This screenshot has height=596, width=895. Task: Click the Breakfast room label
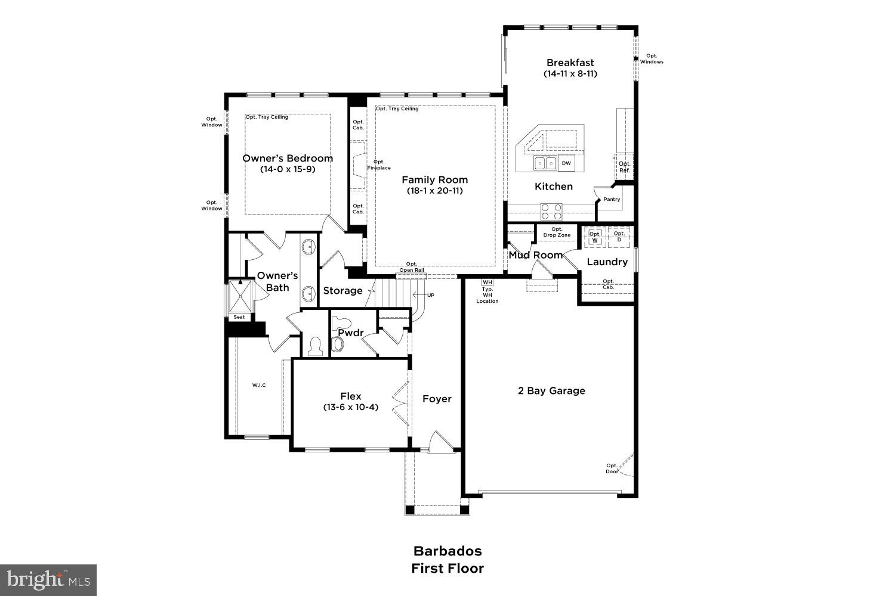(x=570, y=63)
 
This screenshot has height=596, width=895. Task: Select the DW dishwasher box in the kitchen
(x=566, y=163)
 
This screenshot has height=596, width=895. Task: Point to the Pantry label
(x=612, y=200)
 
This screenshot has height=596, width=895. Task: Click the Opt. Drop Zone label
(x=557, y=232)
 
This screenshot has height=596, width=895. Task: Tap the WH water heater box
(x=487, y=282)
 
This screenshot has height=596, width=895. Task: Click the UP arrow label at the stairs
(x=430, y=295)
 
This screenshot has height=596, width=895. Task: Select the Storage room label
(x=342, y=291)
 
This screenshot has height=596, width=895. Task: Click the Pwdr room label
(x=351, y=333)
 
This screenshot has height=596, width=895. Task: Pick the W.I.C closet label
(x=259, y=386)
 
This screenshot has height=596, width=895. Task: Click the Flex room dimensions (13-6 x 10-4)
(x=351, y=408)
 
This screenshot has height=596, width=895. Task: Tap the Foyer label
(x=437, y=399)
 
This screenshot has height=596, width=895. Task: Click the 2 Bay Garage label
(x=551, y=391)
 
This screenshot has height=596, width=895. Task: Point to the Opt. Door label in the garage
(x=612, y=468)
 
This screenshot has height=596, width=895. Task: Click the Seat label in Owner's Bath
(x=239, y=317)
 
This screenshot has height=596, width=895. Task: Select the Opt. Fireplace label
(x=379, y=165)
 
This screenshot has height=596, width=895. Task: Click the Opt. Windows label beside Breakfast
(x=652, y=58)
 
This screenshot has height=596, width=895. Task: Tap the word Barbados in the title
(x=447, y=551)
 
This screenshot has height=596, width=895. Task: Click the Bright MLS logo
(x=48, y=579)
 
